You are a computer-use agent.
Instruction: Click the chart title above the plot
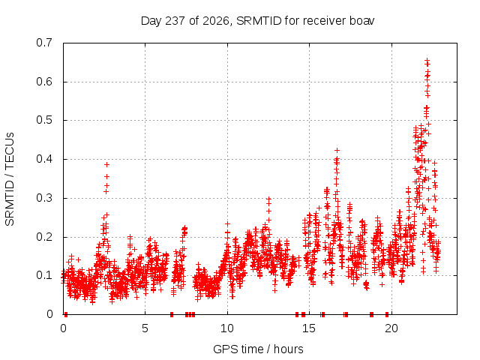point(257,21)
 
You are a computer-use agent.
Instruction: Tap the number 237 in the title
point(175,21)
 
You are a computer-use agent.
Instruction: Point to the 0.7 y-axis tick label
point(44,43)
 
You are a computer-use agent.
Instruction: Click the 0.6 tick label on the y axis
point(44,82)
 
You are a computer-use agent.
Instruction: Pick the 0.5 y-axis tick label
point(44,120)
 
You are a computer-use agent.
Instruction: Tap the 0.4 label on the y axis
point(44,159)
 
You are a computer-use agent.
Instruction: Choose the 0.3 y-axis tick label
point(44,198)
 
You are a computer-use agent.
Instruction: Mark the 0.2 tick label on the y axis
point(44,237)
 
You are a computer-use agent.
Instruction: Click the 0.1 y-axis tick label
point(44,275)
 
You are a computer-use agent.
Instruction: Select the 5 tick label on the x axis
point(145,328)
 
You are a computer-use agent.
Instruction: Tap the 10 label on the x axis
point(227,328)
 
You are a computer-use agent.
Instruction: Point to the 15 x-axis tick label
point(309,328)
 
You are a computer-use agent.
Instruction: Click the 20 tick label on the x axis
point(391,328)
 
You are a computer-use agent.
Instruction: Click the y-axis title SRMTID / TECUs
point(10,179)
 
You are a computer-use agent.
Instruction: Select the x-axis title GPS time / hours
point(258,349)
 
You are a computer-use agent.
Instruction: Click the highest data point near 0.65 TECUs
point(427,60)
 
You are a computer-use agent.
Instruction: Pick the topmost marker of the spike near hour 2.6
point(106,165)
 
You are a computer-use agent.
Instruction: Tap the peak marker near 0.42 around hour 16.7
point(337,150)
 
